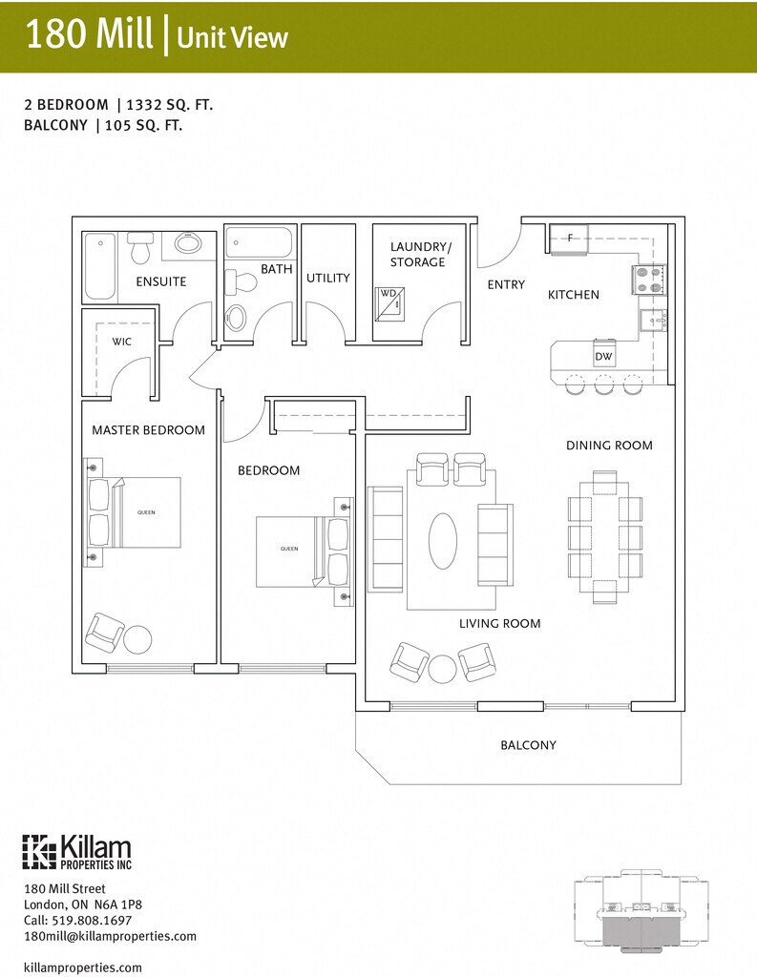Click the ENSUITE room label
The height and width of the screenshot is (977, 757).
[161, 281]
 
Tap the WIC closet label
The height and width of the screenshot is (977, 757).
[121, 342]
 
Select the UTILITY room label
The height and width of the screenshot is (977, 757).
[328, 278]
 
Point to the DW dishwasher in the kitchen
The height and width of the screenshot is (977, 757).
[603, 354]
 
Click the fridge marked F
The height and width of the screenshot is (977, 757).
[569, 239]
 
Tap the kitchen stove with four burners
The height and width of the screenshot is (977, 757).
[650, 281]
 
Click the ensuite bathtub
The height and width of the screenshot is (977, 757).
[100, 267]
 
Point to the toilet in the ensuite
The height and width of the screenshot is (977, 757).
[140, 247]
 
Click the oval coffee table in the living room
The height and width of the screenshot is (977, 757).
[443, 540]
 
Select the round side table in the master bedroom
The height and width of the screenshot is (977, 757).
[137, 638]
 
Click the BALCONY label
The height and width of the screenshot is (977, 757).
[528, 745]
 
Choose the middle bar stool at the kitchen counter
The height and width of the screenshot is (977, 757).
[603, 385]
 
